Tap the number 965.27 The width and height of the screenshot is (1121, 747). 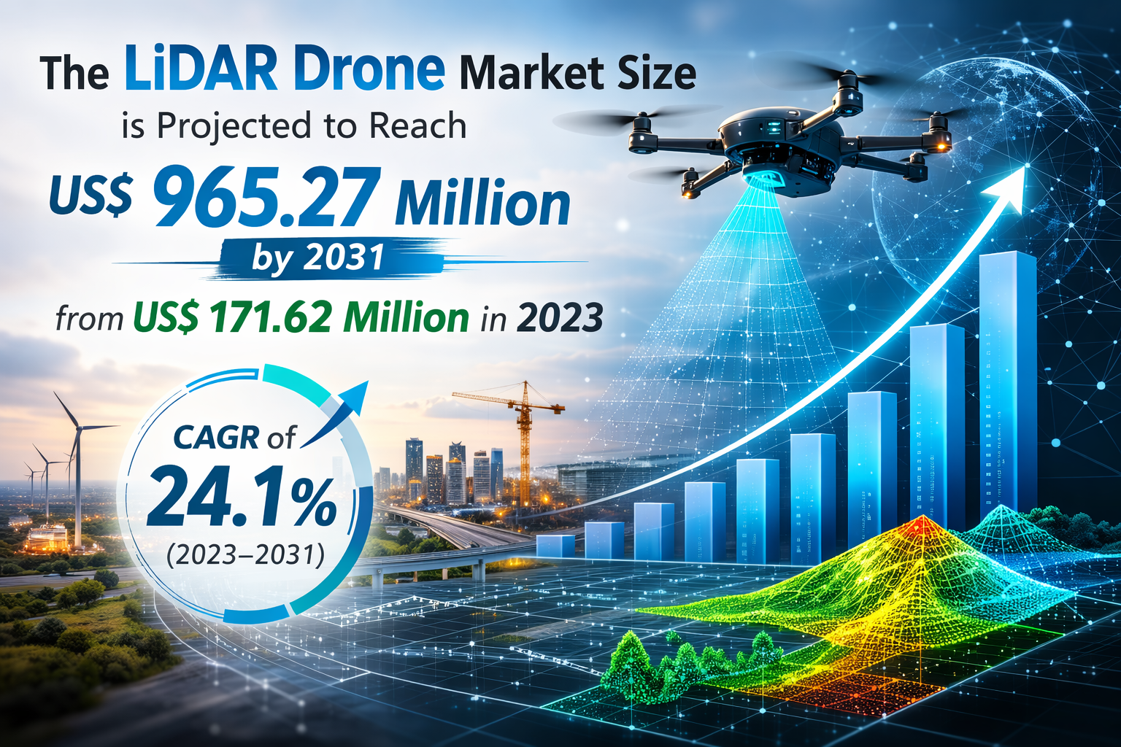pos(266,199)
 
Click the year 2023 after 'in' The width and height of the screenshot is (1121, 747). pos(560,318)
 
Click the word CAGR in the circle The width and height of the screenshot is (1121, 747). pos(216,437)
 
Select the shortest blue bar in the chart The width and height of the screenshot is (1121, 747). pos(555,546)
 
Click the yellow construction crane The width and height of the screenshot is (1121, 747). pos(523,438)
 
